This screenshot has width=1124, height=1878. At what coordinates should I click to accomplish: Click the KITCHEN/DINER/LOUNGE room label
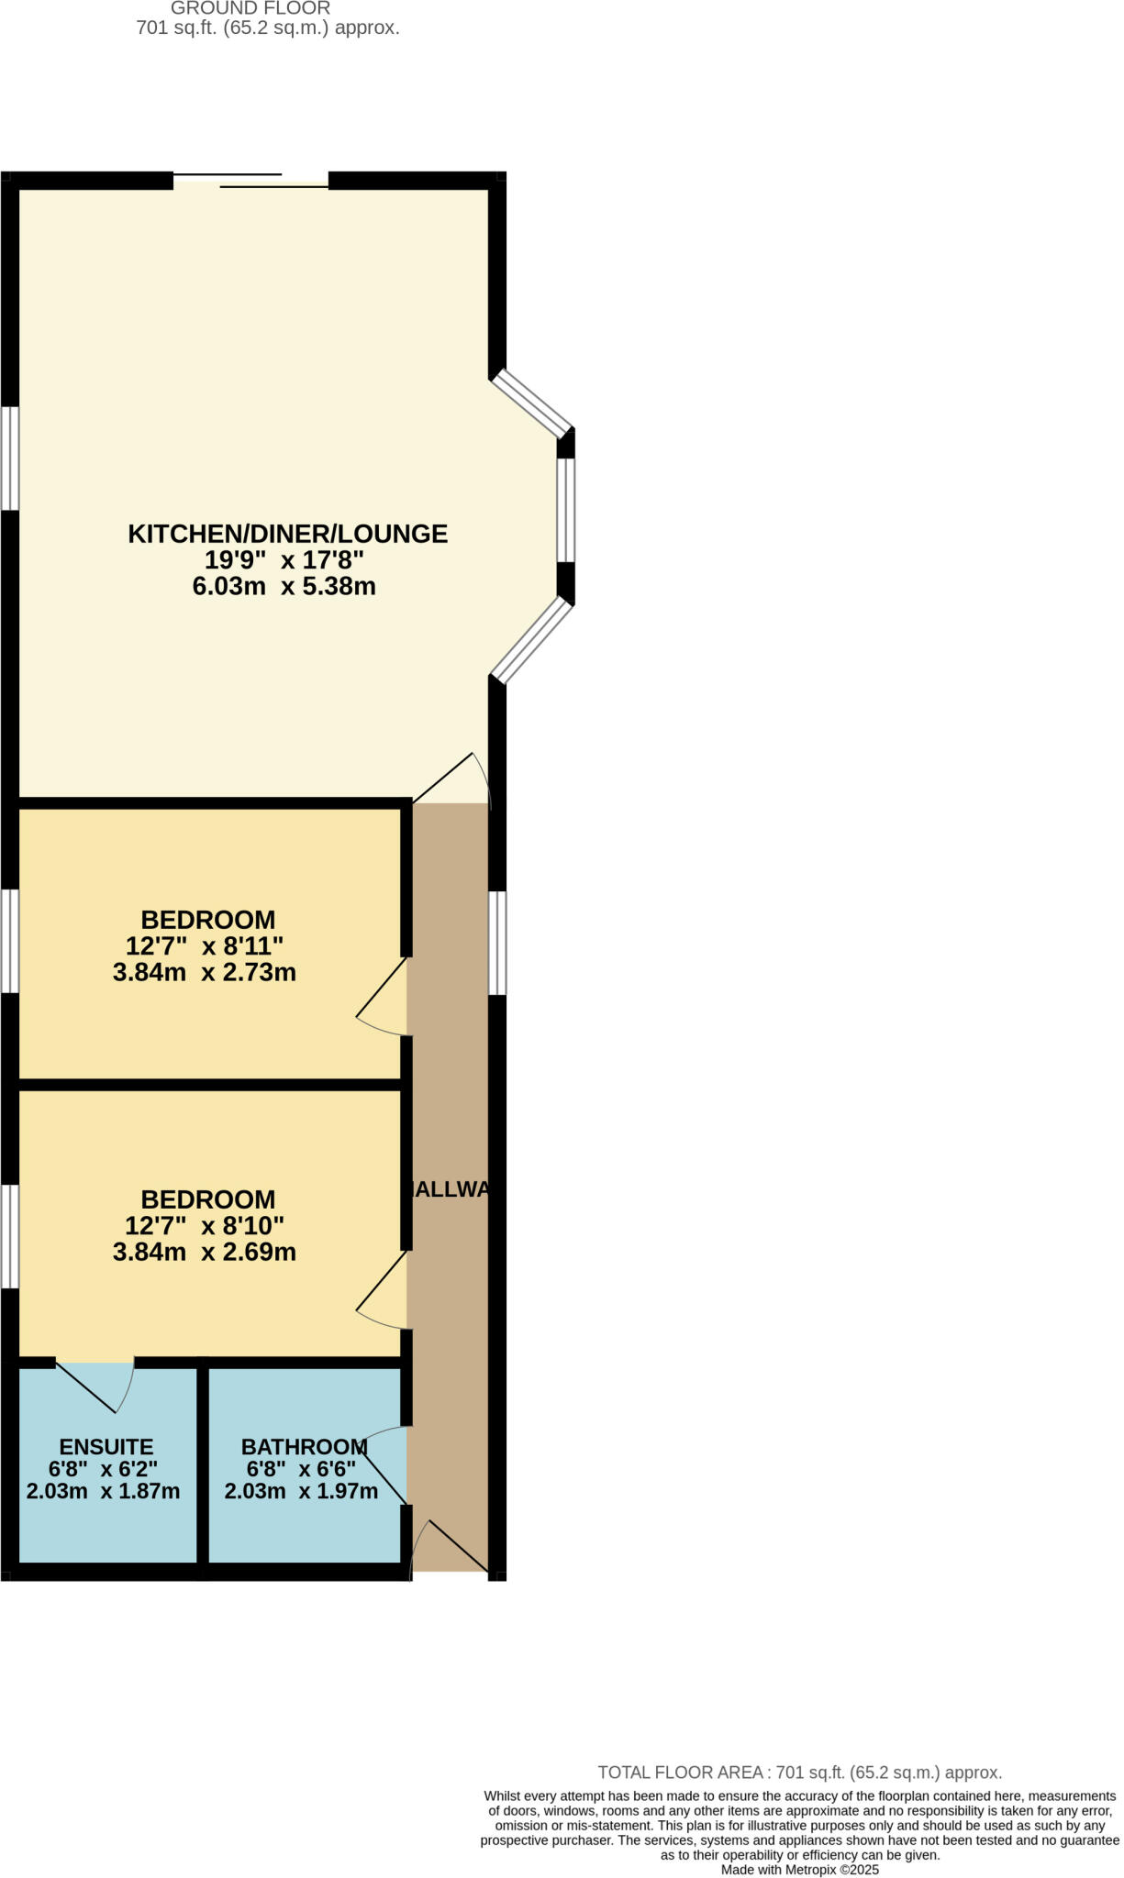(x=287, y=534)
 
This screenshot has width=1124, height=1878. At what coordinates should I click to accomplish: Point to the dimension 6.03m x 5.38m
(x=284, y=586)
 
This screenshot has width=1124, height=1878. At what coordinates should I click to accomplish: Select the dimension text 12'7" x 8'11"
(x=205, y=945)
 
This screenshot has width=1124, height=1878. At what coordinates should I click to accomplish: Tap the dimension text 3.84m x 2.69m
(x=205, y=1252)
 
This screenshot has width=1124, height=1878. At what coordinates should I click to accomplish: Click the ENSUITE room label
(x=106, y=1447)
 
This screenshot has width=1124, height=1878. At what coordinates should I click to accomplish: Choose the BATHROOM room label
(x=304, y=1447)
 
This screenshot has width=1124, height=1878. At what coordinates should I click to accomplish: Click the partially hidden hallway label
(x=450, y=1189)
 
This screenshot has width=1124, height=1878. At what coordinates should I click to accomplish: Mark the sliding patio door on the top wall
(x=250, y=181)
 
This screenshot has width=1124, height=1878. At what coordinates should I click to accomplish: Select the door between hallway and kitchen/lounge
(x=450, y=779)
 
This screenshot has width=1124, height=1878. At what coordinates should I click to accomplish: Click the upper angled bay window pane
(x=533, y=403)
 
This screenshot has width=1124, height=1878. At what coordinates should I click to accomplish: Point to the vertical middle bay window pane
(x=566, y=510)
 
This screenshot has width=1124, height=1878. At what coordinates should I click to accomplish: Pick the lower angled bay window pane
(x=533, y=640)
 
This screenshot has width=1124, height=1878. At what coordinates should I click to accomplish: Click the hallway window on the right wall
(x=496, y=943)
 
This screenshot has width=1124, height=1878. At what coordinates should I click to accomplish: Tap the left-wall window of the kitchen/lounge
(x=9, y=458)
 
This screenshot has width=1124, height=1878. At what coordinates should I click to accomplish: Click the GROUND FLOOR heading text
(x=250, y=8)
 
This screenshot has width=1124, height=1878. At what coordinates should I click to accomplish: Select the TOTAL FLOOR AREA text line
(x=799, y=1773)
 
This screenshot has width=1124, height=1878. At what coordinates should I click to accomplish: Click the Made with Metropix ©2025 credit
(x=799, y=1870)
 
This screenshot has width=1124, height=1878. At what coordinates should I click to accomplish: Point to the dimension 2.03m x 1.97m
(x=301, y=1491)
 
